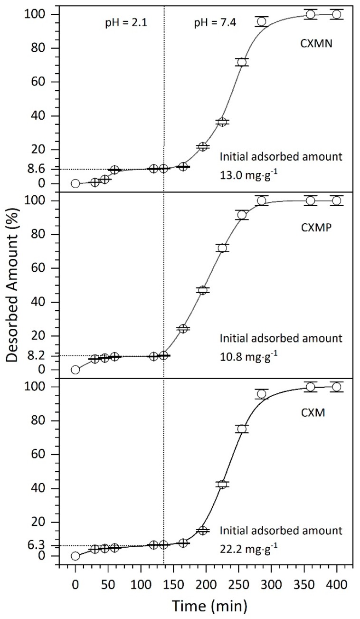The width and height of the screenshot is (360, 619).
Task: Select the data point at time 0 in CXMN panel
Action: click(x=75, y=183)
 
